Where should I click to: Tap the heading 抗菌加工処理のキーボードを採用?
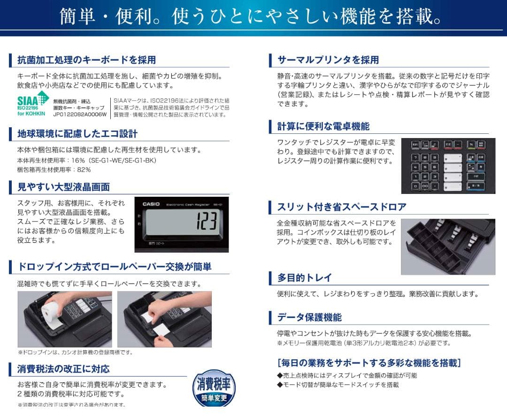pyautogui.click(x=86, y=60)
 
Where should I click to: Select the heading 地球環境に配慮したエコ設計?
pyautogui.click(x=77, y=134)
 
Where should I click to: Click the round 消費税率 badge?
pyautogui.click(x=214, y=389)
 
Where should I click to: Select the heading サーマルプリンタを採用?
pyautogui.click(x=328, y=60)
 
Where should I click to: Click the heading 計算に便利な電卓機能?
pyautogui.click(x=323, y=126)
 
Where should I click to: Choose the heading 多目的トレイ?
pyautogui.click(x=304, y=277)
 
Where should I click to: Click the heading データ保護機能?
pyautogui.click(x=309, y=317)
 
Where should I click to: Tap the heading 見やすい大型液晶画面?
pyautogui.click(x=64, y=187)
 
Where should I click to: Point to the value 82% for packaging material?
pyautogui.click(x=84, y=169)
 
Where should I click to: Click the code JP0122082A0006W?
pyautogui.click(x=80, y=114)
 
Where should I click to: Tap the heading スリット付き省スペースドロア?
pyautogui.click(x=342, y=207)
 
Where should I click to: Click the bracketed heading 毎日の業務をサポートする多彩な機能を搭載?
pyautogui.click(x=369, y=362)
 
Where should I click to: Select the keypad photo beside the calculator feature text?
pyautogui.click(x=448, y=166)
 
